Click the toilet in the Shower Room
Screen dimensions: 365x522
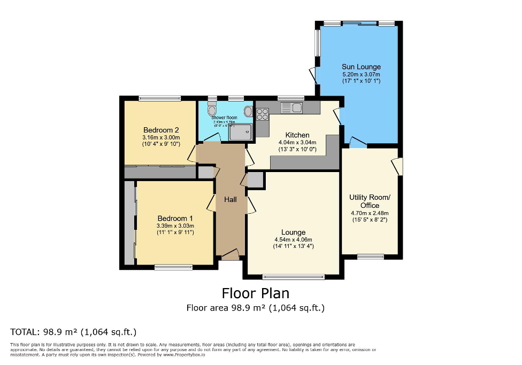click(x=212, y=111)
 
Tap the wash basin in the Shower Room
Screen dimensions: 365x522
click(x=248, y=112)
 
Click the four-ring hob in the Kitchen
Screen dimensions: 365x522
click(x=263, y=114)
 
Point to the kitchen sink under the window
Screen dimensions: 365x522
click(x=292, y=108)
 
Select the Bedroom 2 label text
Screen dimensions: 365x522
click(x=161, y=130)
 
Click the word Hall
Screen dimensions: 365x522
click(x=231, y=199)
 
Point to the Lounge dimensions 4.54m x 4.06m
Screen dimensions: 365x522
click(x=293, y=239)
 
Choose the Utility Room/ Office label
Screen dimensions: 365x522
click(x=370, y=201)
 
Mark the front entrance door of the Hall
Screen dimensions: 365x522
click(x=230, y=255)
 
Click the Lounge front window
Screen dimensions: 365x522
click(x=293, y=277)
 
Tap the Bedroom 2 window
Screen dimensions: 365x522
click(x=159, y=98)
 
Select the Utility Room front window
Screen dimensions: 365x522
click(x=370, y=257)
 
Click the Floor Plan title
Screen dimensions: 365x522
click(x=255, y=293)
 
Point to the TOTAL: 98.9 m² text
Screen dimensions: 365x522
click(x=73, y=331)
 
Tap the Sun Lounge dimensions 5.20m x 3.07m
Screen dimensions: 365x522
click(x=361, y=74)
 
